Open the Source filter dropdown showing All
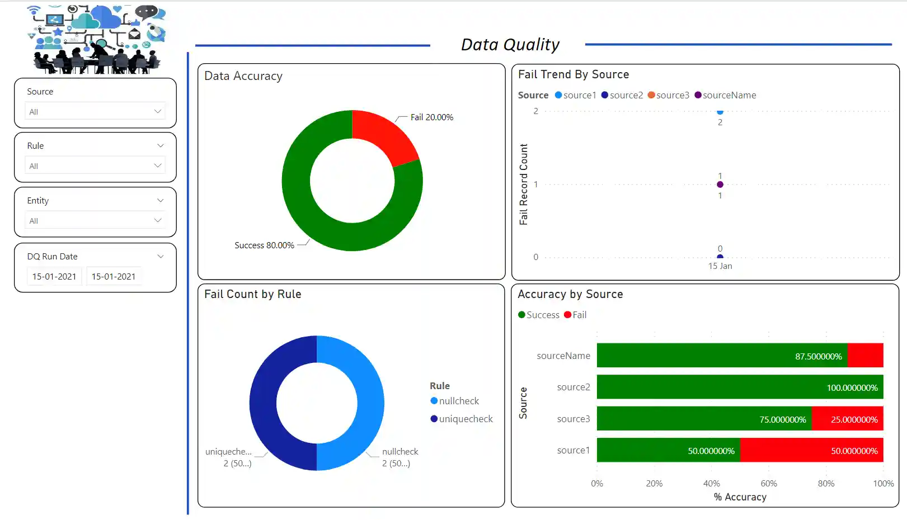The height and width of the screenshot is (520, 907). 95,111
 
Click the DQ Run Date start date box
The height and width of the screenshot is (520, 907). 54,276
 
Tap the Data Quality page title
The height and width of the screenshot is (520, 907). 510,45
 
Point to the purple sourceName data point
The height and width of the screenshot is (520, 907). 720,185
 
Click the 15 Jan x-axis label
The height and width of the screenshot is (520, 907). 720,266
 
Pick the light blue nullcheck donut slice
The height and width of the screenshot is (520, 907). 369,403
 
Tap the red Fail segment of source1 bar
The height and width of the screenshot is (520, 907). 811,451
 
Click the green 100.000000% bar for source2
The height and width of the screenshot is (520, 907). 740,387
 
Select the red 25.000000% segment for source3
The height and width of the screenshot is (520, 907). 847,419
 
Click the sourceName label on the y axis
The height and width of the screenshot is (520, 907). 563,356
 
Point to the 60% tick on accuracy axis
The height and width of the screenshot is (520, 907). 769,484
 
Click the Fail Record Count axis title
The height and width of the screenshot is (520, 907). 524,185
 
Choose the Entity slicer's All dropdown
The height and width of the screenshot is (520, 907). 95,220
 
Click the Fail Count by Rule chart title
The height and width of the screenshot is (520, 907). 253,294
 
